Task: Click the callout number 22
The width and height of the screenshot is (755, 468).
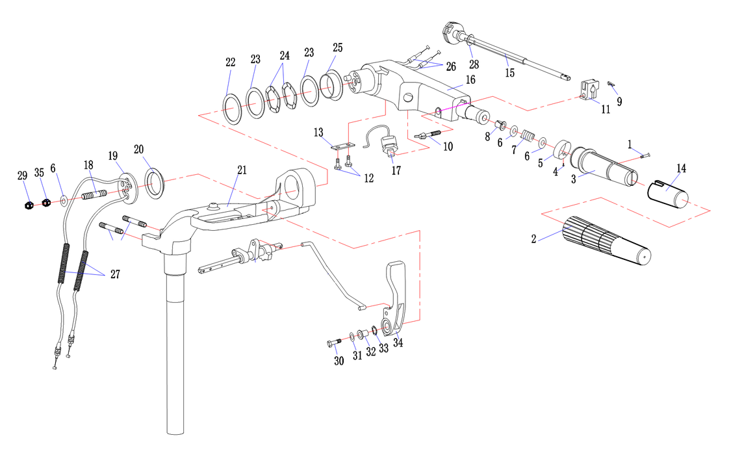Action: coord(230,62)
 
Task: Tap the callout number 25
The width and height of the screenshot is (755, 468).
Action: coord(337,48)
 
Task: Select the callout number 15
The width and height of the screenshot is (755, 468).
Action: coord(509,73)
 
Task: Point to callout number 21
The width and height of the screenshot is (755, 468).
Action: coord(242,170)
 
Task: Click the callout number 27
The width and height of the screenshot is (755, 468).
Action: coord(115,274)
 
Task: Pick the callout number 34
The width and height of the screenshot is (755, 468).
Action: coord(398,343)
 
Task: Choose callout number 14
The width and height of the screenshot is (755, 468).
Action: coord(681,169)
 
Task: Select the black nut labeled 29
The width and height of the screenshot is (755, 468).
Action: coord(27,205)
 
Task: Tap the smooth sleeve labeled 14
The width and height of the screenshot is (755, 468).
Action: coord(669,194)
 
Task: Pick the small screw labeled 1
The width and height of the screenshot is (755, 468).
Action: coord(644,155)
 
